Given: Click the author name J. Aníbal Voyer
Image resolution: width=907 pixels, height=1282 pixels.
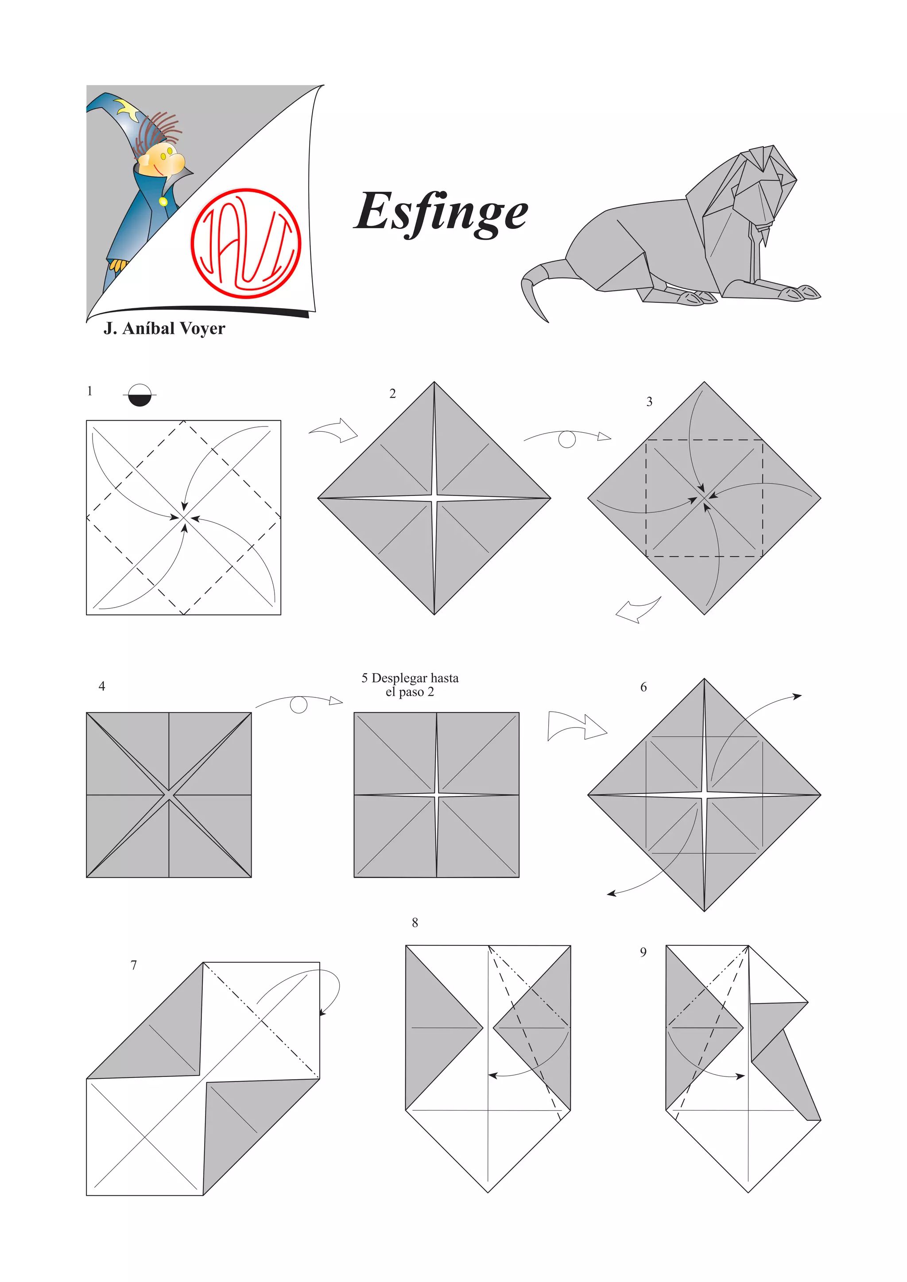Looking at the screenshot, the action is pos(164,328).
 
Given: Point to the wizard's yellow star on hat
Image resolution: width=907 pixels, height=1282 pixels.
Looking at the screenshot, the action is pos(128,109).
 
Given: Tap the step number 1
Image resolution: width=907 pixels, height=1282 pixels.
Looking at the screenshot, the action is pos(89,391).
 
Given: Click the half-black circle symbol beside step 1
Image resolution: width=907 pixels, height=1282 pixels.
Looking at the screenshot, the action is pos(140,395).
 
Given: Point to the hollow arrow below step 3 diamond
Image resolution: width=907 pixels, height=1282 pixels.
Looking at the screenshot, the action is pos(638,610).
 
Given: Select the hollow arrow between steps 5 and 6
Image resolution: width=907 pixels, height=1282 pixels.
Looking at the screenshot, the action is pos(577,726).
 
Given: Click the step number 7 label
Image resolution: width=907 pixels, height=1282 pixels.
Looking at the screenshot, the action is pos(133,965).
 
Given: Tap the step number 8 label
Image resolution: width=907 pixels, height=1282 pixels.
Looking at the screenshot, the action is pos(415,922).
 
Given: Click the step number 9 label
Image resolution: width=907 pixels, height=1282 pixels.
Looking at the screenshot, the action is pos(643,952).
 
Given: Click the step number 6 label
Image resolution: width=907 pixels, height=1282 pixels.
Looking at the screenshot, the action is pos(643,687).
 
